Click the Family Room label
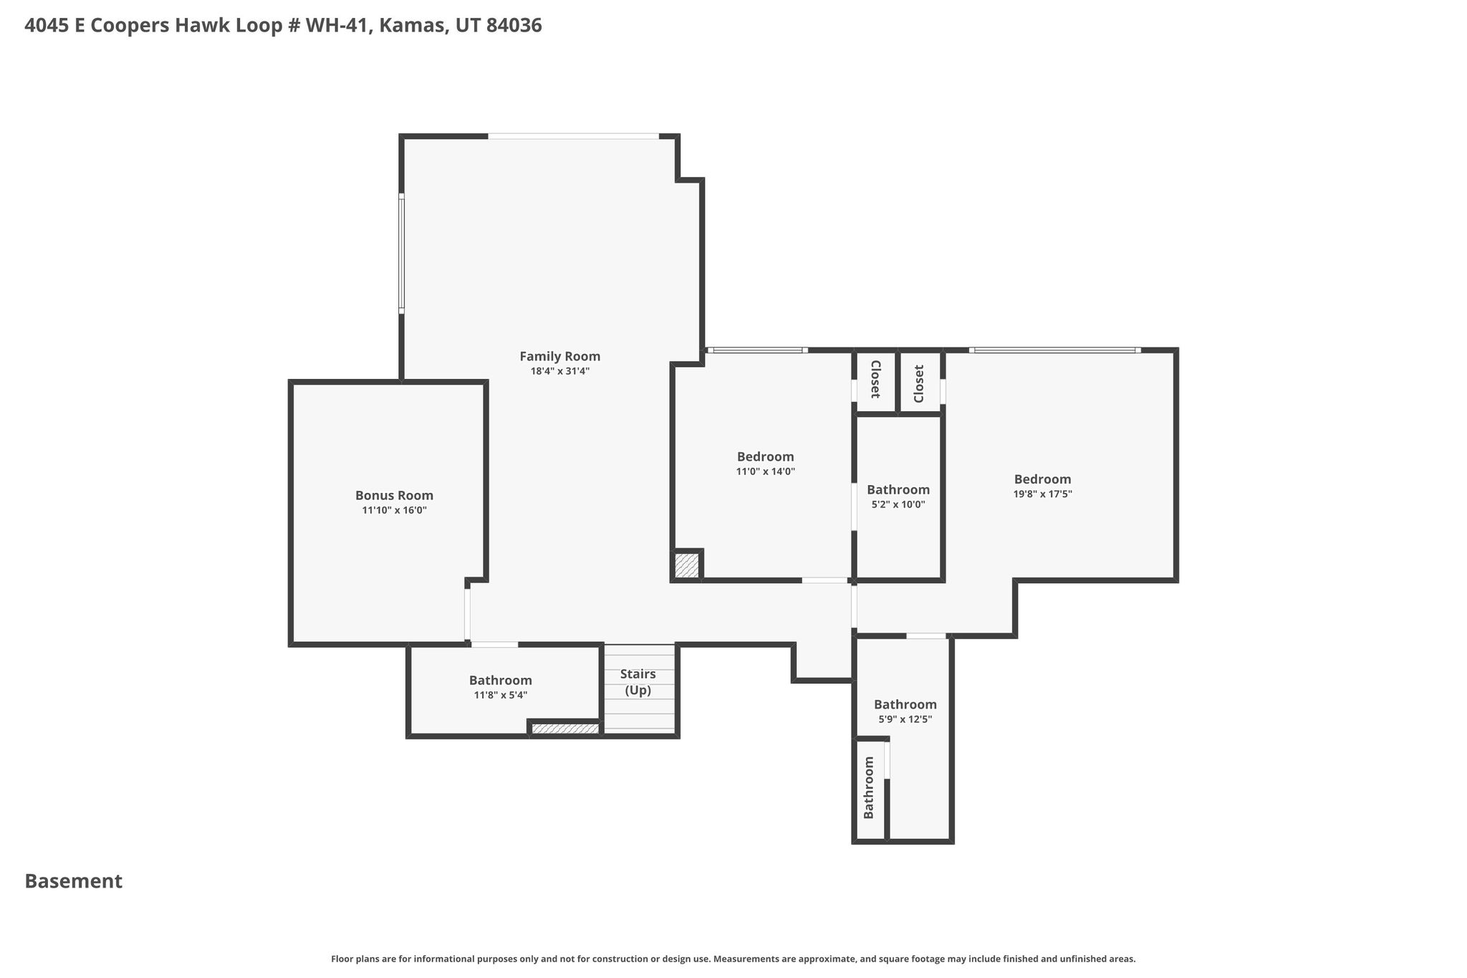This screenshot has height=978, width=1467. [559, 356]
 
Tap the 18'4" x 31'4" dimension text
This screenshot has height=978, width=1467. [559, 371]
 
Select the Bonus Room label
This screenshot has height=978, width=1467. [394, 495]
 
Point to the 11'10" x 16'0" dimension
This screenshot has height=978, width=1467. [394, 510]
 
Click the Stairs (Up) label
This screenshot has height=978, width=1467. [638, 682]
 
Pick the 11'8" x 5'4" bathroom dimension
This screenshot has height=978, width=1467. [500, 695]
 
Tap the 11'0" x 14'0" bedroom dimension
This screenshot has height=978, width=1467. [765, 471]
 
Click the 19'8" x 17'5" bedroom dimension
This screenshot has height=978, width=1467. [1042, 494]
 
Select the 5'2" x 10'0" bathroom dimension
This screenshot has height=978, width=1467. [898, 504]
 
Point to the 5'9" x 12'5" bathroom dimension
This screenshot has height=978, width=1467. [905, 719]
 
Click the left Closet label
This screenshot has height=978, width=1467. [875, 379]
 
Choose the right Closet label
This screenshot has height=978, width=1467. [919, 383]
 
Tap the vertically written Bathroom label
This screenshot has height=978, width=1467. [869, 787]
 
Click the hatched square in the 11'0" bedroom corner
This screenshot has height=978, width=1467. [686, 565]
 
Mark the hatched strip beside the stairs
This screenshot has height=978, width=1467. [565, 729]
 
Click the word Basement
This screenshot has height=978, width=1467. [74, 881]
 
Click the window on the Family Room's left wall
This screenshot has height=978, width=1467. [401, 254]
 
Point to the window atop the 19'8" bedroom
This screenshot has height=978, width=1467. [1055, 350]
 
